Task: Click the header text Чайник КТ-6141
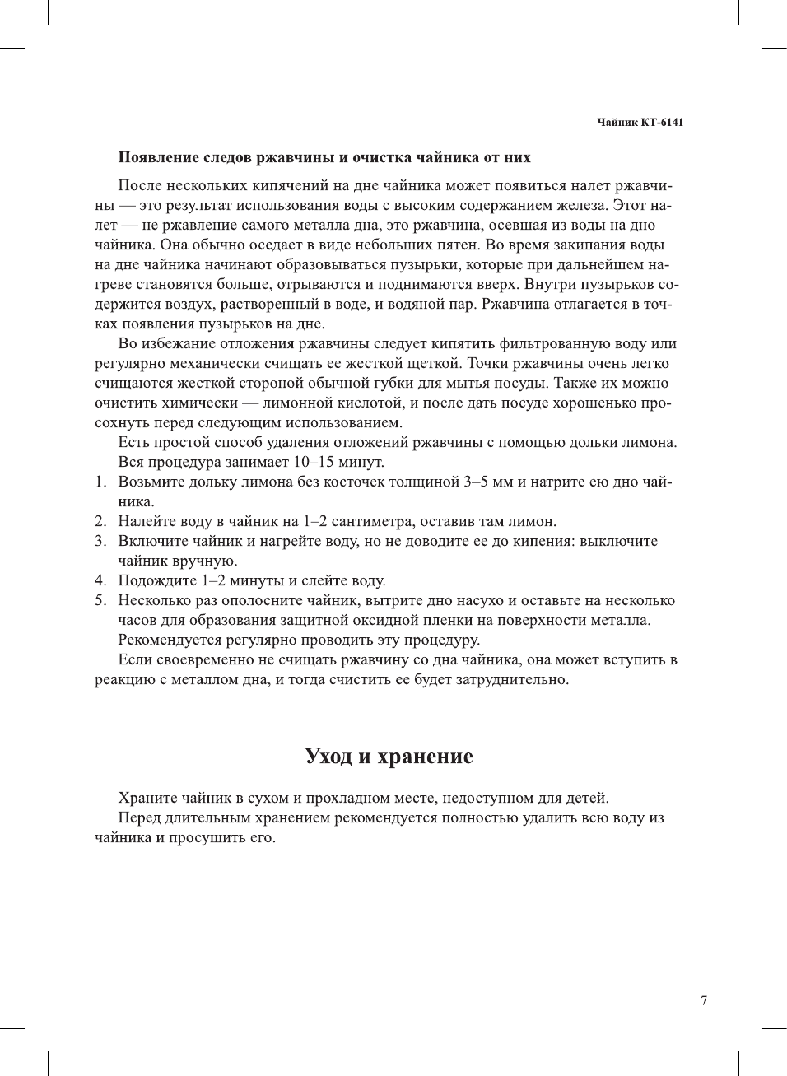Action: click(x=640, y=123)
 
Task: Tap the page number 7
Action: click(x=703, y=1001)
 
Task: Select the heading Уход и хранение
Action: click(x=389, y=757)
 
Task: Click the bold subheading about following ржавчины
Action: click(x=324, y=157)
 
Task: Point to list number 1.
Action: click(x=100, y=482)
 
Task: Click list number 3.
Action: click(x=100, y=542)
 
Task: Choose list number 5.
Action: click(x=100, y=601)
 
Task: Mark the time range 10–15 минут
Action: click(x=338, y=462)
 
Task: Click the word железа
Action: click(x=580, y=205)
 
